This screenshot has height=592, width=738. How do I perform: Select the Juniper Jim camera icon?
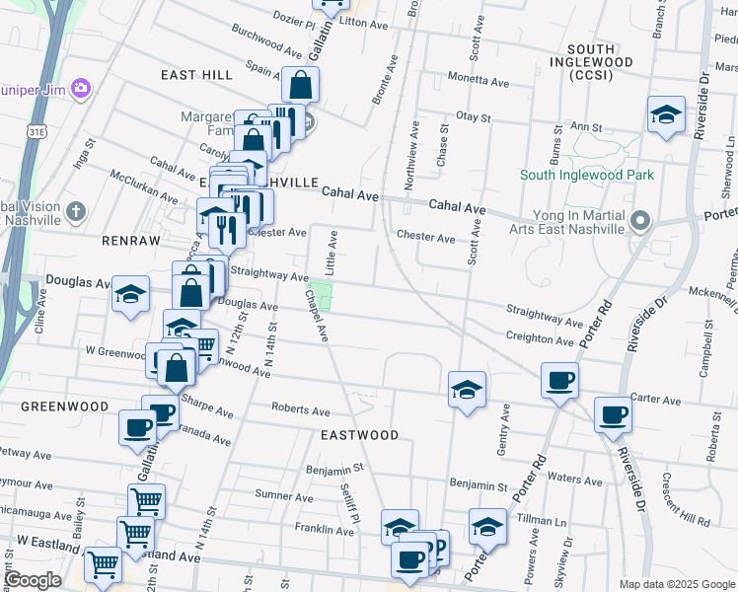tap(79, 88)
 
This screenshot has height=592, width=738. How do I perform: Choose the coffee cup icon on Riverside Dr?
tap(613, 414)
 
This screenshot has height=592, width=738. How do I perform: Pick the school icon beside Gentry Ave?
tap(467, 388)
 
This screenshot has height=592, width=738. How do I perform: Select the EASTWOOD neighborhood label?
tap(359, 434)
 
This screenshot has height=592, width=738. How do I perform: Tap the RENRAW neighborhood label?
tap(123, 240)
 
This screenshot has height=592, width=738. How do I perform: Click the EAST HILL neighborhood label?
tap(196, 75)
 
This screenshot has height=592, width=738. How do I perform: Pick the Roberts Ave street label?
tap(301, 410)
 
